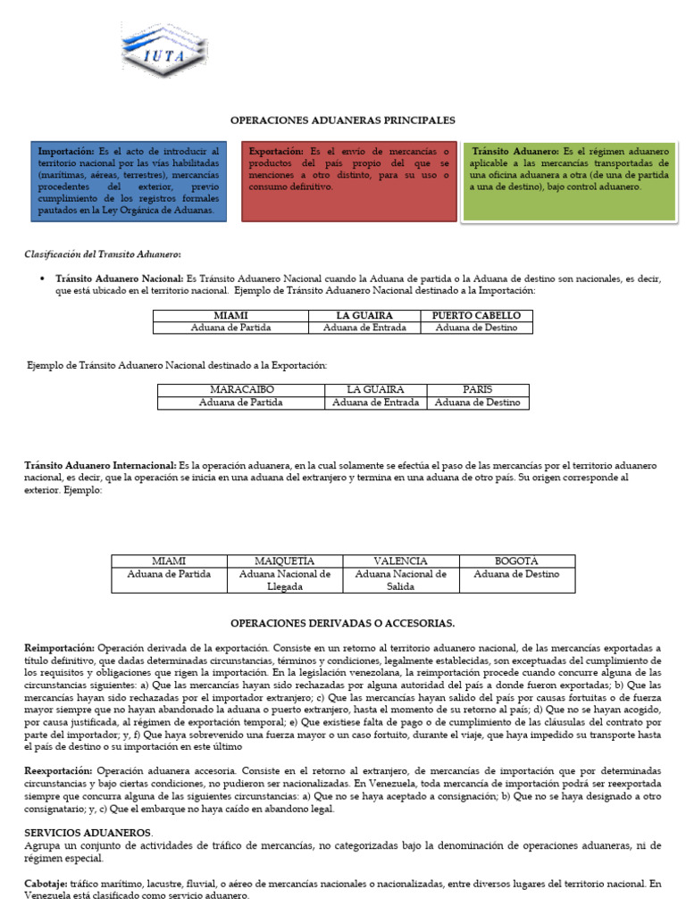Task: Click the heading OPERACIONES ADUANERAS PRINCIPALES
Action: (x=342, y=120)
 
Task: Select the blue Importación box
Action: (x=128, y=181)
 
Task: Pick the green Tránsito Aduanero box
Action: (x=568, y=181)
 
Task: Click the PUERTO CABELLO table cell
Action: (x=481, y=316)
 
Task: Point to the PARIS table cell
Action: (x=477, y=390)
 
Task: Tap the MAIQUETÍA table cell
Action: (x=285, y=561)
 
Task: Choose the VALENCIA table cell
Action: (x=400, y=561)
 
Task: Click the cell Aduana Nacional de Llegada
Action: (x=285, y=580)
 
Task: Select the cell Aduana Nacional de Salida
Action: (x=400, y=580)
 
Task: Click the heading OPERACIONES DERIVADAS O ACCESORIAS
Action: (x=342, y=622)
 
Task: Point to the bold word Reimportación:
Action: (x=59, y=647)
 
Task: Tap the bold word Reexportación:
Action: (x=58, y=769)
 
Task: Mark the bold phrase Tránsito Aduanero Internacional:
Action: (x=100, y=466)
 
